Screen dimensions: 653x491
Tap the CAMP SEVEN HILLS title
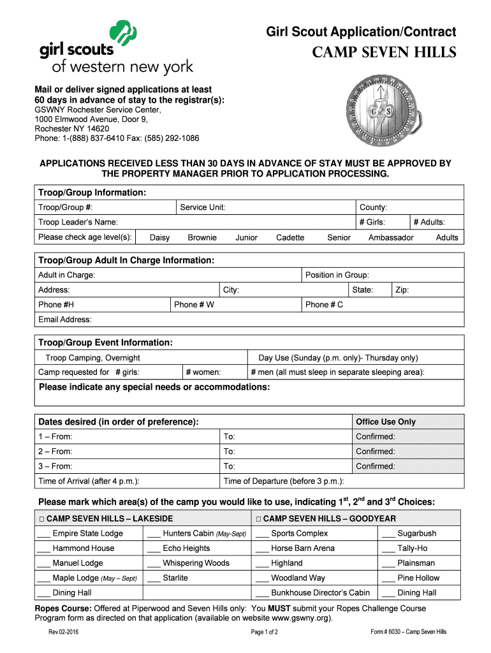pos(384,52)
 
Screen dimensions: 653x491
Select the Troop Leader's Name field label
pos(78,222)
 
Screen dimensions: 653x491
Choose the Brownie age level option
pos(202,237)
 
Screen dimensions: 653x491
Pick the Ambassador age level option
pos(390,237)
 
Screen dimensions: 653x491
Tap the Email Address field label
pos(64,319)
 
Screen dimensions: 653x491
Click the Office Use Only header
pos(385,422)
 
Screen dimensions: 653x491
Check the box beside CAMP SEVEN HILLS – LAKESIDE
pos(41,519)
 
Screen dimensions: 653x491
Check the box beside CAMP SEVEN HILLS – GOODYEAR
pos(258,519)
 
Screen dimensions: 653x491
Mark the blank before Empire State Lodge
pos(43,534)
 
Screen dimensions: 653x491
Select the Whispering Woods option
pos(195,563)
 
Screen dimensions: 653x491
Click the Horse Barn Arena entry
pos(302,548)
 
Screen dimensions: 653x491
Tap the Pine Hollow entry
pos(418,578)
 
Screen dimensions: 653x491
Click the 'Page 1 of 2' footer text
pos(264,632)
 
